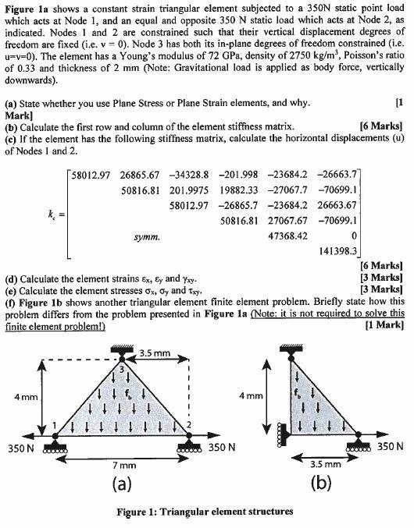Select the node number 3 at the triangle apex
point(120,369)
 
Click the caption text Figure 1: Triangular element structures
point(206,512)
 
